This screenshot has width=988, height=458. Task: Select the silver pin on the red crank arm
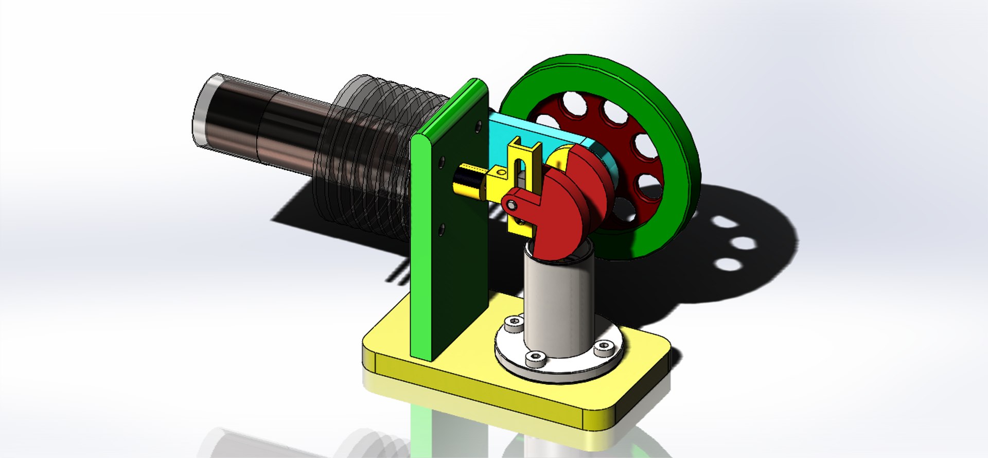(x=511, y=205)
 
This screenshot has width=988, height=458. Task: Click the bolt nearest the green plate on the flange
(x=513, y=323)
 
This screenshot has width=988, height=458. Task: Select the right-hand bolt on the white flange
(x=603, y=348)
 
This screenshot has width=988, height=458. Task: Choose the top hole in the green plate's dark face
(x=479, y=125)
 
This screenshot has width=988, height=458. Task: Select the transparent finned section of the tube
(x=370, y=154)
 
